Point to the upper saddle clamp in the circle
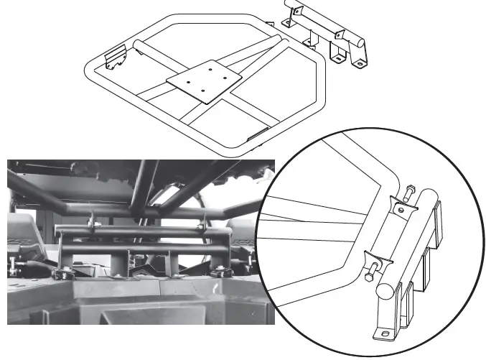click(403, 206)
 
